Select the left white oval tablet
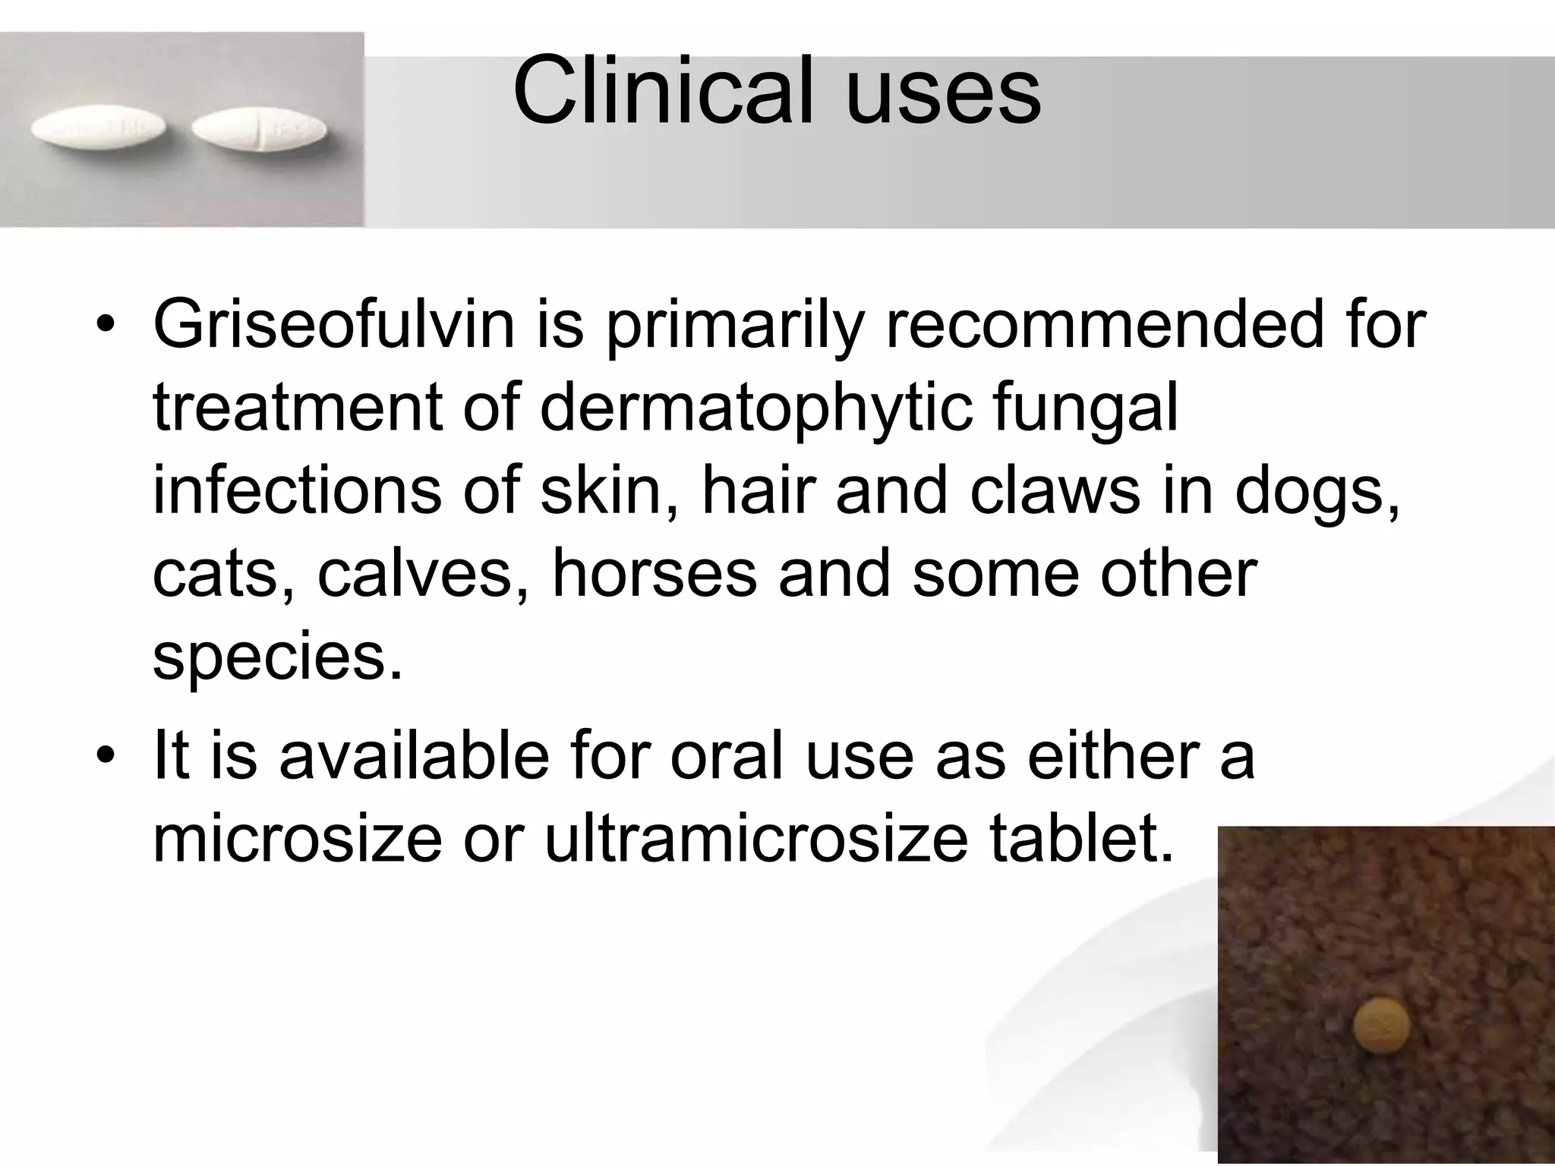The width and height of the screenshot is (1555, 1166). [100, 129]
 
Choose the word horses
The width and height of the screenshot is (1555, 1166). [654, 574]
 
